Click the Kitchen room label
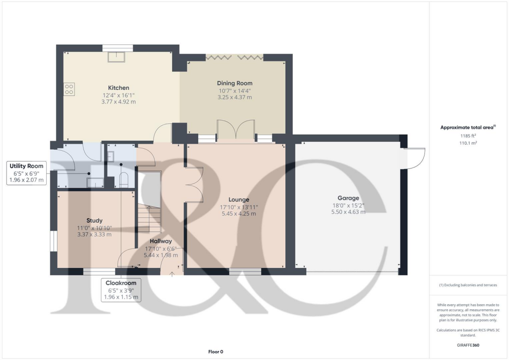[118, 88]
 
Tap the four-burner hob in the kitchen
[69, 89]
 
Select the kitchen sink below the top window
[118, 57]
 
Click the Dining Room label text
[234, 83]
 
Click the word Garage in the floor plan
[348, 198]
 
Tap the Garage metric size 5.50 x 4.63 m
[348, 212]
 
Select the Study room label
[94, 220]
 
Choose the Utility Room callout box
[28, 173]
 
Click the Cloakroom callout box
[121, 290]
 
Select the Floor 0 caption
[215, 352]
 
